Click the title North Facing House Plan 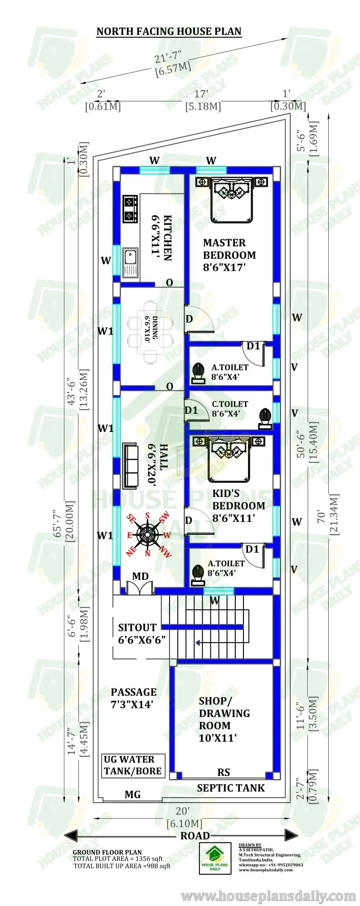169,31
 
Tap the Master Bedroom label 229,255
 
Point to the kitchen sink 130,262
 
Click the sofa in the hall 131,466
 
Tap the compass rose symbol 148,534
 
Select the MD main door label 140,576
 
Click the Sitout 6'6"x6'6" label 141,634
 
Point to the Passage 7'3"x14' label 133,698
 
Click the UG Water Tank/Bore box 133,765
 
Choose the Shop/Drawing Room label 224,719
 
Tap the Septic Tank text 230,788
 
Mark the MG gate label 132,795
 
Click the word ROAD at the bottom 195,836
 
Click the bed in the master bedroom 231,199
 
